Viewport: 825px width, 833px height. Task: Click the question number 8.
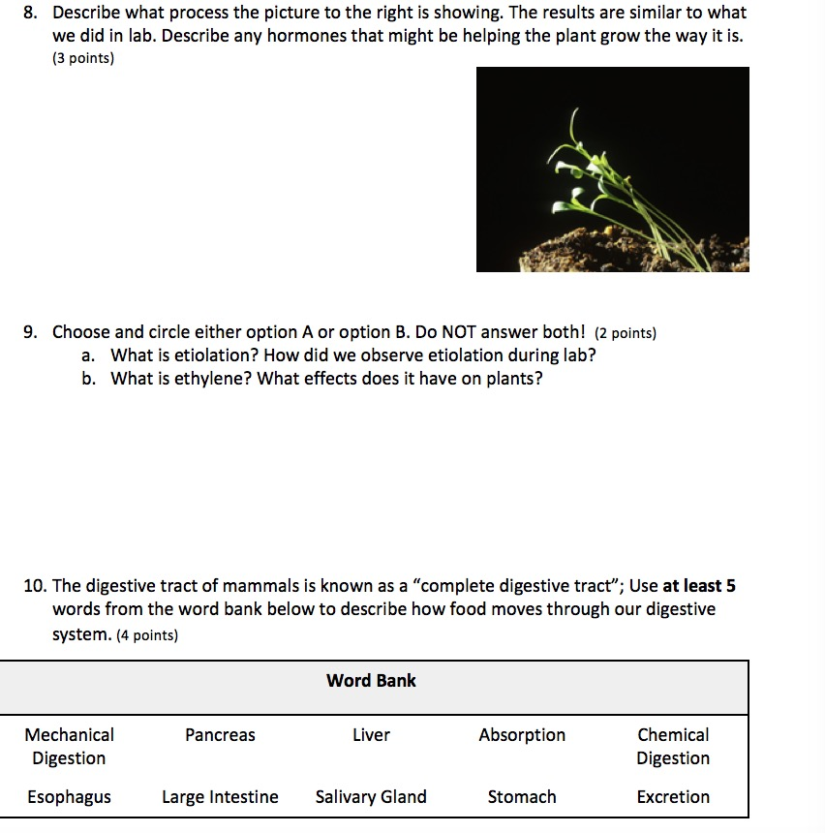pyautogui.click(x=30, y=14)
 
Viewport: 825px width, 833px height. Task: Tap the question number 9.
pyautogui.click(x=30, y=332)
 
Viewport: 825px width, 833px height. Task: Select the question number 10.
pyautogui.click(x=35, y=586)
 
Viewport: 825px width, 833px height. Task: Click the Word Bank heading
pyautogui.click(x=371, y=681)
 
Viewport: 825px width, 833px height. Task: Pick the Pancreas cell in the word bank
pyautogui.click(x=220, y=735)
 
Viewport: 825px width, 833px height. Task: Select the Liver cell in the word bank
pyautogui.click(x=371, y=735)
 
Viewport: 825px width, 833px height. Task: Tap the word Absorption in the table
pyautogui.click(x=522, y=735)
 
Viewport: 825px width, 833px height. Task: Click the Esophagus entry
pyautogui.click(x=69, y=797)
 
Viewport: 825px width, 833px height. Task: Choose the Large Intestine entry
pyautogui.click(x=220, y=797)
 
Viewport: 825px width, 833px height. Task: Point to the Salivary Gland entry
pyautogui.click(x=371, y=797)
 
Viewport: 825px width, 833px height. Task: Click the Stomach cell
pyautogui.click(x=522, y=797)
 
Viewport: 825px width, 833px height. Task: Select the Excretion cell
pyautogui.click(x=673, y=797)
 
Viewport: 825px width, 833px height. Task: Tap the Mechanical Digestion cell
pyautogui.click(x=69, y=747)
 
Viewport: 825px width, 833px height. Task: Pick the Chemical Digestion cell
pyautogui.click(x=673, y=747)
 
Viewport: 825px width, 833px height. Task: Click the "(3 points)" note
pyautogui.click(x=83, y=59)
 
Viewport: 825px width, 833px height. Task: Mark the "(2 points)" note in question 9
pyautogui.click(x=625, y=333)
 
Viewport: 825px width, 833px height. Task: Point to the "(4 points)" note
pyautogui.click(x=146, y=635)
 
